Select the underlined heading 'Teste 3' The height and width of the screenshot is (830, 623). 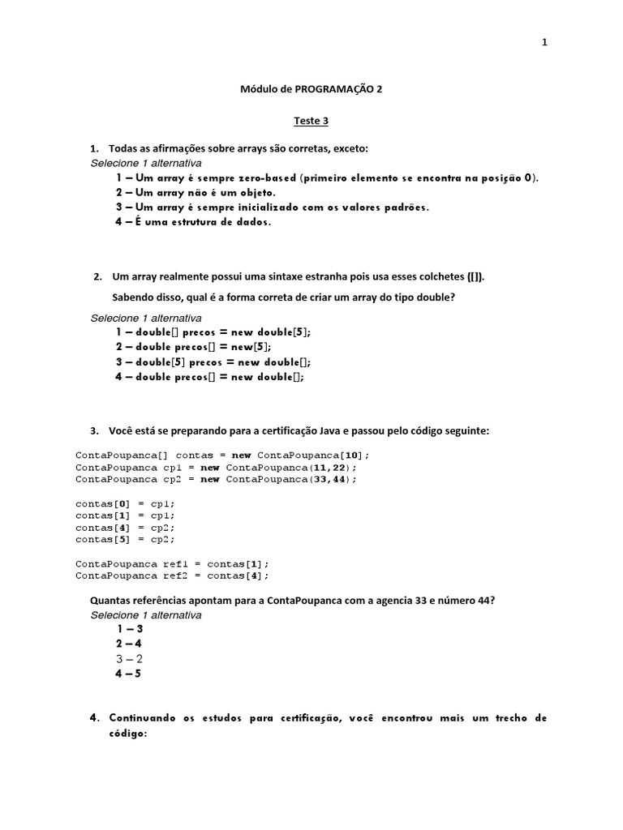(x=311, y=121)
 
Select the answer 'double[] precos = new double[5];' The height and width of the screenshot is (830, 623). (x=213, y=332)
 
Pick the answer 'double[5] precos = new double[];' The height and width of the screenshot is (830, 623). (x=213, y=362)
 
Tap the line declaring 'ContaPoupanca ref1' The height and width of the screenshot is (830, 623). (x=172, y=563)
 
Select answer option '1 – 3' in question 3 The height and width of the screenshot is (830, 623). (x=130, y=629)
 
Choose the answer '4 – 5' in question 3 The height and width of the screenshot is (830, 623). (x=130, y=673)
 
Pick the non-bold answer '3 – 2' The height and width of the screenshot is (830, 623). (x=130, y=658)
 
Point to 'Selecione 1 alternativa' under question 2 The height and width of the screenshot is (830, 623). (x=146, y=318)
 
